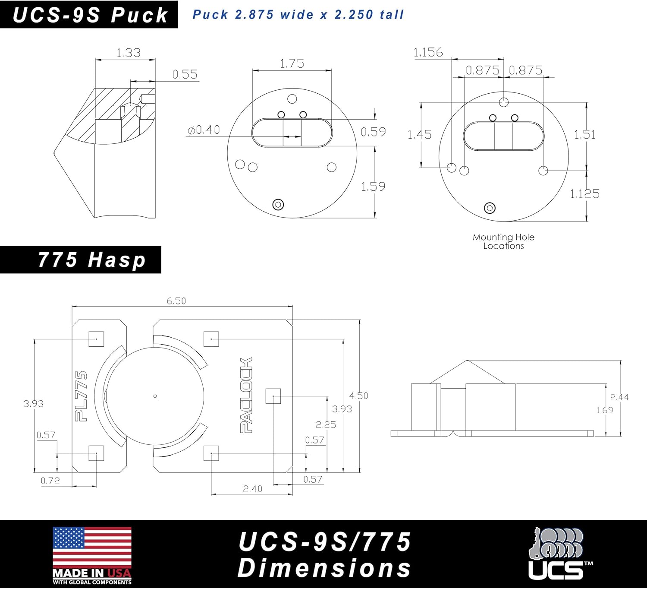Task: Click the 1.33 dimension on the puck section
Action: point(129,53)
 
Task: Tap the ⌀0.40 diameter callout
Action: point(204,130)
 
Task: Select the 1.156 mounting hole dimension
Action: point(428,52)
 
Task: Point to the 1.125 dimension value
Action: point(585,194)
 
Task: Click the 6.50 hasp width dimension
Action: point(176,301)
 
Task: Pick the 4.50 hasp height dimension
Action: point(358,396)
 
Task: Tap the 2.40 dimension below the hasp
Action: point(252,489)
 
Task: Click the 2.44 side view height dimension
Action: point(619,397)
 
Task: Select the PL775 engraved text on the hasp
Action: point(81,396)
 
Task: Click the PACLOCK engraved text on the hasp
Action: point(246,395)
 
